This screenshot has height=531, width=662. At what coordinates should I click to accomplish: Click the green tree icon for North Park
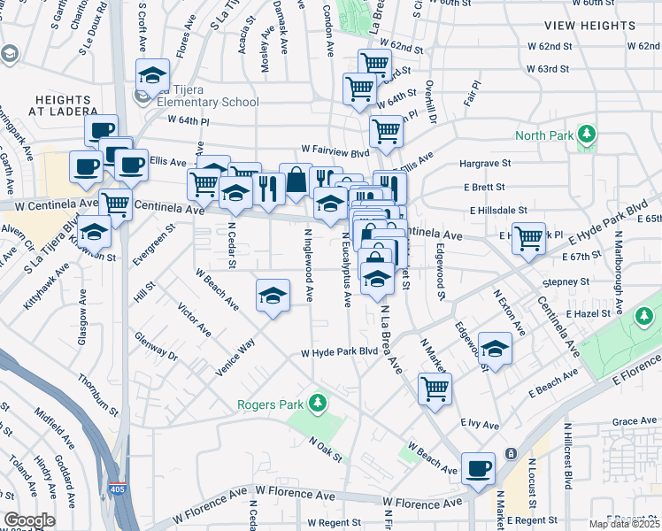point(585,135)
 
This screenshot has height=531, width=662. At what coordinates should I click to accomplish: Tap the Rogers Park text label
point(270,405)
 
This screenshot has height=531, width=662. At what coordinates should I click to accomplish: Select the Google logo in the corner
point(30,520)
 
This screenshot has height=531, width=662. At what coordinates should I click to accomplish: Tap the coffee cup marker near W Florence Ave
point(479,468)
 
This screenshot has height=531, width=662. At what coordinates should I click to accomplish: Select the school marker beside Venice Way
point(273,296)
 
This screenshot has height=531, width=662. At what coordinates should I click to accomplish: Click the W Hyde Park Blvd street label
point(339,352)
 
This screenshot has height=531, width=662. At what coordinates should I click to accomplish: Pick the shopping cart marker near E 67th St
point(528,237)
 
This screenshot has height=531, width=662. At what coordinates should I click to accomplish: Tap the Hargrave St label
point(485,164)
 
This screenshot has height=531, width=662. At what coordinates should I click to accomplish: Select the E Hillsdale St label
point(498,211)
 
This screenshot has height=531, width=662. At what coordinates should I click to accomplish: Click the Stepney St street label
point(567,281)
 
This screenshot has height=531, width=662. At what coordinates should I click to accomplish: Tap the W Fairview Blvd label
point(334,150)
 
